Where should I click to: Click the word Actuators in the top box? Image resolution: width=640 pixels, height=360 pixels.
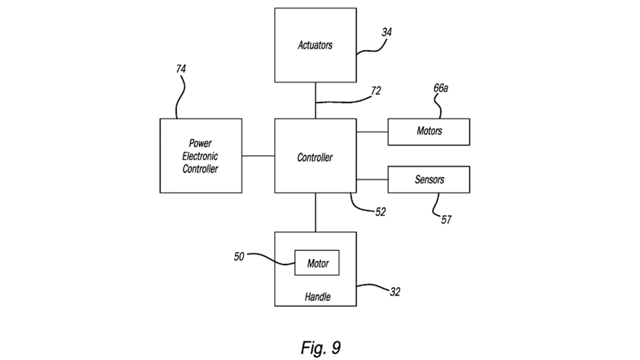pos(315,45)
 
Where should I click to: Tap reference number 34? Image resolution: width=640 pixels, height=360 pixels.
pos(386,32)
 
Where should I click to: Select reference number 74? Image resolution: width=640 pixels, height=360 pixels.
pos(180,69)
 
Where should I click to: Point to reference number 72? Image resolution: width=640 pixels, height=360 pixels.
pos(375,91)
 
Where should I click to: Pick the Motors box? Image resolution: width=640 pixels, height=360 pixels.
pos(428,131)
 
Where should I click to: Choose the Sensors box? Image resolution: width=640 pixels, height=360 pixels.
pos(428,179)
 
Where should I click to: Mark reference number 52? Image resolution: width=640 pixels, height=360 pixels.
pos(380,212)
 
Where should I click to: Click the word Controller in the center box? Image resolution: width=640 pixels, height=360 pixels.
pos(315,157)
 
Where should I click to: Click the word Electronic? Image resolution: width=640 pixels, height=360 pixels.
pos(200,156)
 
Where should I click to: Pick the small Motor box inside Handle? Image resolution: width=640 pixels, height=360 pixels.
pos(317,262)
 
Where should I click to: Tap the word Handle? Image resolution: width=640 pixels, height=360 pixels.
pos(317,297)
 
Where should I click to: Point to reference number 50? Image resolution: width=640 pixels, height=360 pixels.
pos(239,256)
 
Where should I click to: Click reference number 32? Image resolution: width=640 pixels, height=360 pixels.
pos(394,292)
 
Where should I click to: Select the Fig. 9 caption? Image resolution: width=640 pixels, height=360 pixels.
pos(320,347)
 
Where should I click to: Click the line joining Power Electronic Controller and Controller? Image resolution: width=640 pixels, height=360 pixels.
pos(258,155)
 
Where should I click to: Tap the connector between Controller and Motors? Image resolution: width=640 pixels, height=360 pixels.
pos(372,132)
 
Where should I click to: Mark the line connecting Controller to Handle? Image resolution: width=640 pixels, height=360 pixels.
pos(315,212)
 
